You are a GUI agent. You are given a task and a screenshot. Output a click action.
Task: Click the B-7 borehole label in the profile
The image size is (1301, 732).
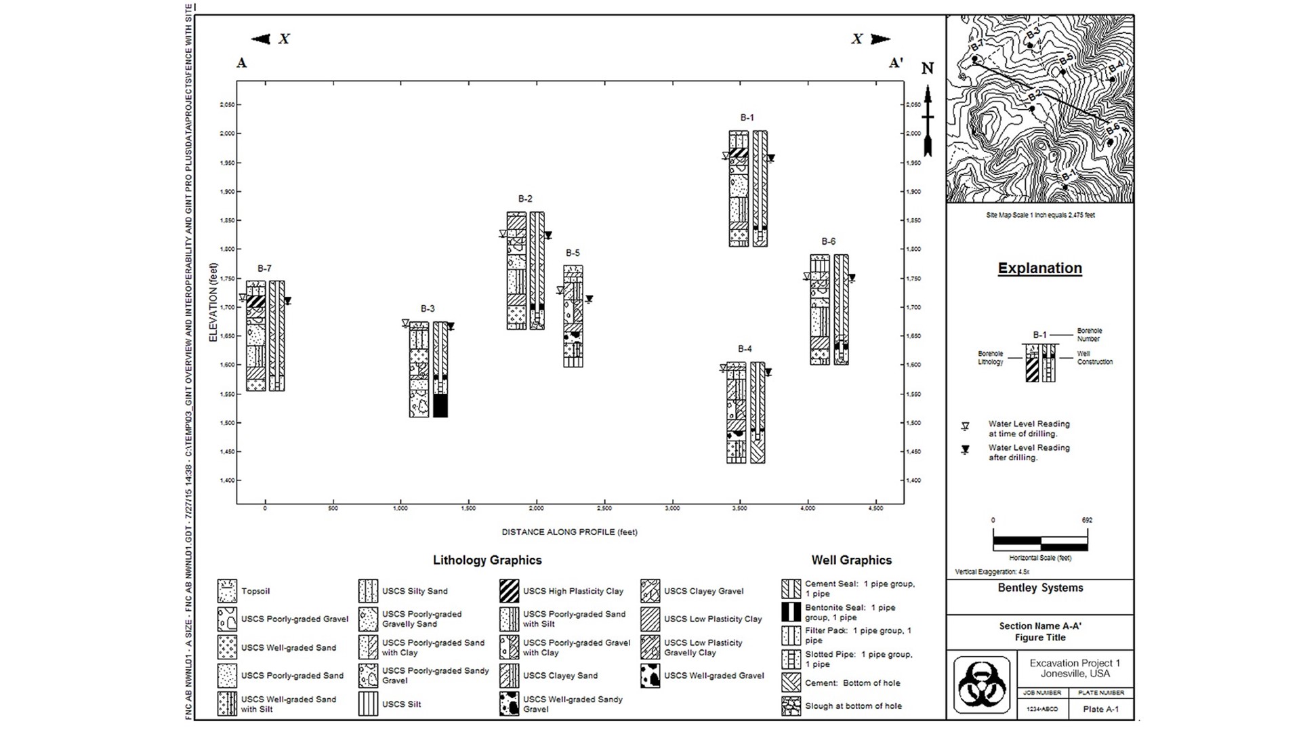point(264,269)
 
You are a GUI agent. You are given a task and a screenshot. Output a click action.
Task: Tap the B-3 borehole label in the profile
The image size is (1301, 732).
point(428,309)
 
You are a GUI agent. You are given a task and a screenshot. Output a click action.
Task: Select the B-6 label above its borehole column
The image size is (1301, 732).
point(829,242)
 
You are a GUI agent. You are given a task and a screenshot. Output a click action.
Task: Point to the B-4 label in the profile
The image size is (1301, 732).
point(745,349)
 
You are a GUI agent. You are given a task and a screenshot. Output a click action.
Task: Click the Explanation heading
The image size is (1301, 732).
point(1039,268)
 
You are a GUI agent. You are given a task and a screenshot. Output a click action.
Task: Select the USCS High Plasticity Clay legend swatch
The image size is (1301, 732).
point(509,591)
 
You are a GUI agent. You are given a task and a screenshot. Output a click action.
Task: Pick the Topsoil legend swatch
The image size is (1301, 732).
point(227,591)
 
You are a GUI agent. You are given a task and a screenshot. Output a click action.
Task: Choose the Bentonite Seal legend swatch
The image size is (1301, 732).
point(791,612)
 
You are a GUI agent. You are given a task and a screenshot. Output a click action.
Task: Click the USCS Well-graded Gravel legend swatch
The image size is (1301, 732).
point(650,676)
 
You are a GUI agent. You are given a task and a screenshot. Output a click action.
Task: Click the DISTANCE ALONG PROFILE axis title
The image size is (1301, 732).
point(569,532)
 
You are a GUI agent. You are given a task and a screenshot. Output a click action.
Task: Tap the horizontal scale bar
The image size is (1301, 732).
point(1040,543)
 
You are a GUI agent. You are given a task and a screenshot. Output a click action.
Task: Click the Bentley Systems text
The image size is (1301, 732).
point(1040,588)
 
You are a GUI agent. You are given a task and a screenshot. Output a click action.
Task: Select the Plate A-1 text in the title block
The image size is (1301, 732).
point(1100,709)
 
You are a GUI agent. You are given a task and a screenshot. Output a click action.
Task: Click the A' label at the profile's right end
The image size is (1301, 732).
point(896,63)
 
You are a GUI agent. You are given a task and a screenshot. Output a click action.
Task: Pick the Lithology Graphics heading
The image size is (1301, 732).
point(487,561)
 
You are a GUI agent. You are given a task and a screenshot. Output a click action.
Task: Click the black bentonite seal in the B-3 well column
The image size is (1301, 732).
point(440,405)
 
